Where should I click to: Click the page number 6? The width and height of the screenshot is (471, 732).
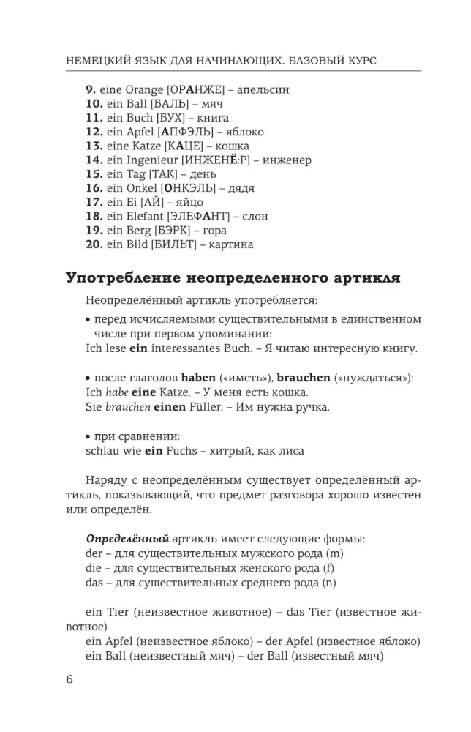pyautogui.click(x=69, y=679)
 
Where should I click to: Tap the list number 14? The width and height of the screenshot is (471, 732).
pyautogui.click(x=93, y=160)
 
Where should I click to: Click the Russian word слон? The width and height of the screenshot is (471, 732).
pyautogui.click(x=255, y=216)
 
